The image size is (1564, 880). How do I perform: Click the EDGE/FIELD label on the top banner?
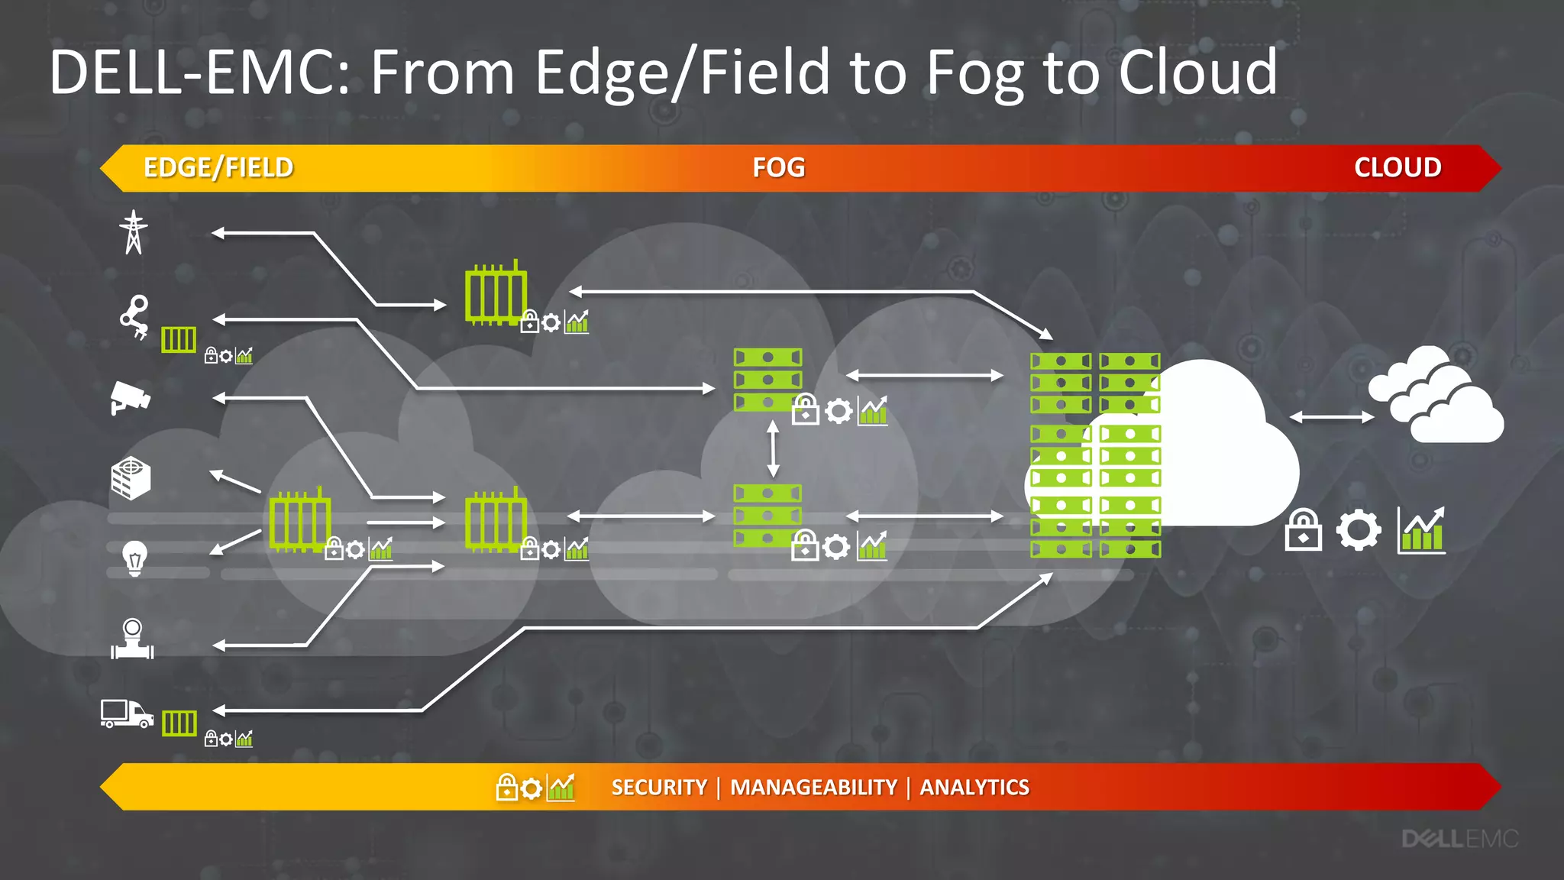click(218, 168)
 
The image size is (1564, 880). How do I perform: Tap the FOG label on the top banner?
click(778, 168)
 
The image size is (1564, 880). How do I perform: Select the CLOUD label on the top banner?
click(1397, 168)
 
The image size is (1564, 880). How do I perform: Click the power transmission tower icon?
click(134, 232)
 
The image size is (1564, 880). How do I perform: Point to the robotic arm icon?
click(135, 315)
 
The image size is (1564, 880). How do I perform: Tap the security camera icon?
click(130, 398)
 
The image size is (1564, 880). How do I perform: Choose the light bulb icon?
click(134, 558)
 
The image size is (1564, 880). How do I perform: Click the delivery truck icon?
click(127, 714)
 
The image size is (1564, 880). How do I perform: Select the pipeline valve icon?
click(132, 639)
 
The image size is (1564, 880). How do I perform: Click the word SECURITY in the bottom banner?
click(659, 788)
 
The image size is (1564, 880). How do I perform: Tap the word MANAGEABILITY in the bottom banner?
click(813, 788)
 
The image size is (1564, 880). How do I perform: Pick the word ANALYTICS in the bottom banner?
click(974, 788)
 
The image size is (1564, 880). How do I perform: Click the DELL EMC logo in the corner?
click(1459, 840)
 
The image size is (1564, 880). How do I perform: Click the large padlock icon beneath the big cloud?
click(1304, 530)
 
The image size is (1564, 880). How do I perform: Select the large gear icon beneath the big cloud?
click(1359, 530)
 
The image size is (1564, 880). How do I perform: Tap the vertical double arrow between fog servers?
click(773, 448)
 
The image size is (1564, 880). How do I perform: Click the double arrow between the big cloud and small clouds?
click(1332, 417)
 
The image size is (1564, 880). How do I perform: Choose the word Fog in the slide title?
click(974, 73)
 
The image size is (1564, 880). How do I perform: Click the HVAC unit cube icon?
click(131, 479)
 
